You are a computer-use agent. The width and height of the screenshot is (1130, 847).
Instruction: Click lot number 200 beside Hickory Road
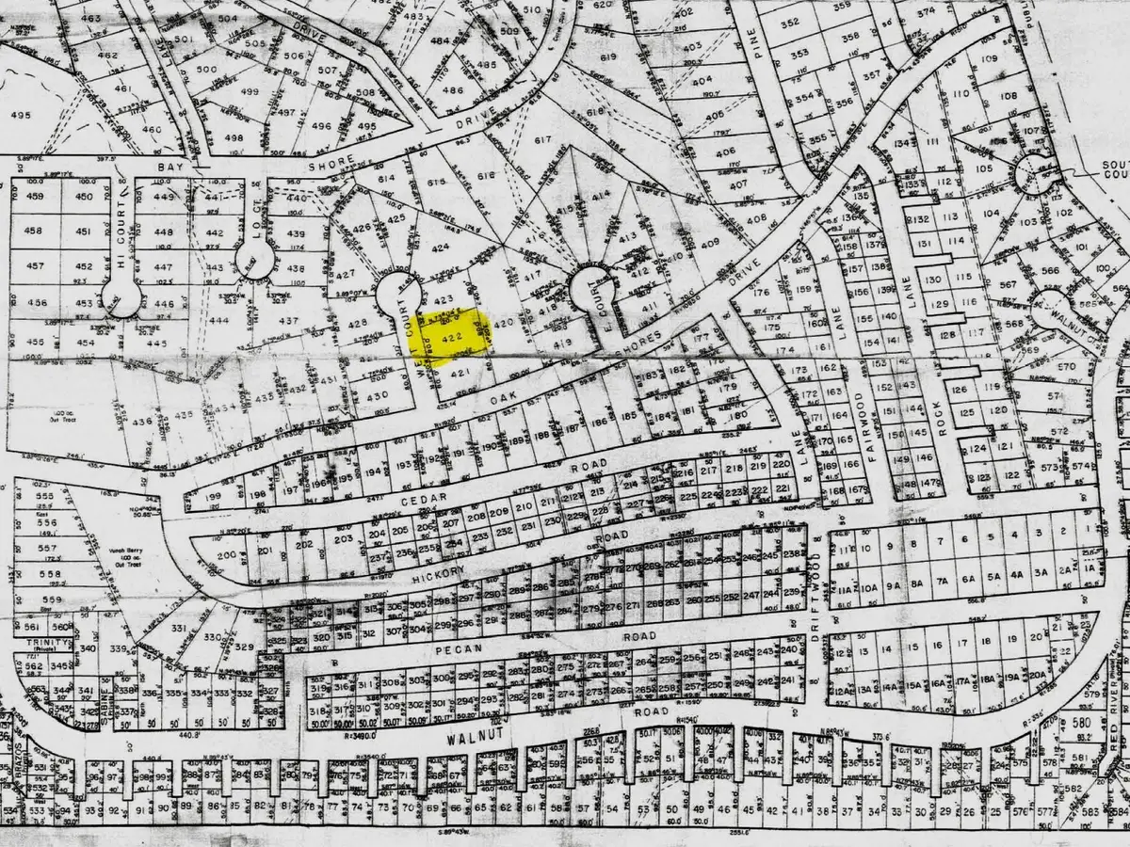click(226, 554)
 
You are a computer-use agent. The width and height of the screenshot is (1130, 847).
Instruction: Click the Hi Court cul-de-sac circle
click(121, 299)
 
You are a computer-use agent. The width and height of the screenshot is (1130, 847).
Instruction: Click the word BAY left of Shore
click(173, 166)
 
